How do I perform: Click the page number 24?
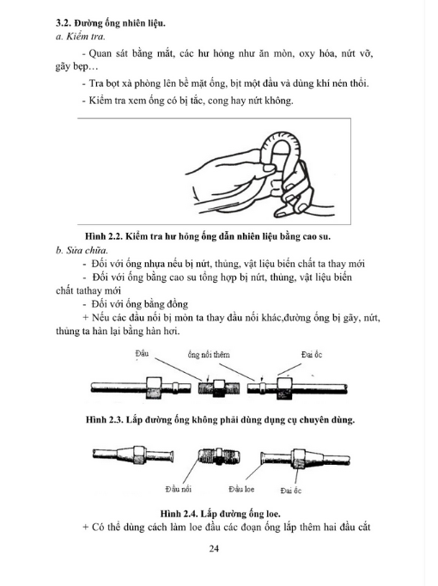pos(214,549)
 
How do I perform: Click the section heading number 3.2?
pos(63,23)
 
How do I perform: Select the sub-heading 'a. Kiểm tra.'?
pos(80,37)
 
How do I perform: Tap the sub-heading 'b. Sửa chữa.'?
pos(82,250)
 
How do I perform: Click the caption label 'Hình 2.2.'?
pos(103,236)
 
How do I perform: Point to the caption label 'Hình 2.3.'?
pos(104,419)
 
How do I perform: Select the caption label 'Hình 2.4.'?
pos(179,514)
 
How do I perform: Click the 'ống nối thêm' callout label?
pos(209,355)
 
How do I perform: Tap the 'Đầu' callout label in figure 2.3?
pos(142,353)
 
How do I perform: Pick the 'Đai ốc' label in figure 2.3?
pos(312,355)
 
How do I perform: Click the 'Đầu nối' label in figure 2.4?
pos(179,489)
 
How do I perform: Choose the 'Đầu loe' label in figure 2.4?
pos(241,489)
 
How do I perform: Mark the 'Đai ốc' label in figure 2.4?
pos(291,491)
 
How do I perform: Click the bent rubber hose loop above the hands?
pos(283,138)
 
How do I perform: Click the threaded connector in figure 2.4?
pos(218,457)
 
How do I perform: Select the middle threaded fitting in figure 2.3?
pos(218,388)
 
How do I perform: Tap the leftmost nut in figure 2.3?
pos(154,388)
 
